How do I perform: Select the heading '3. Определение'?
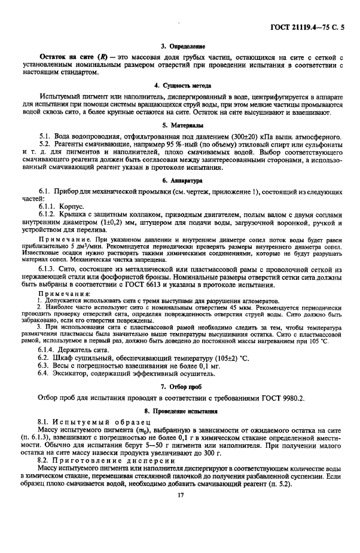(180, 46)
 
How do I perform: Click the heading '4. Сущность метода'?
(180, 85)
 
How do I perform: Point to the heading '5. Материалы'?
(180, 126)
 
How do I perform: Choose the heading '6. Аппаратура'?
(180, 179)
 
